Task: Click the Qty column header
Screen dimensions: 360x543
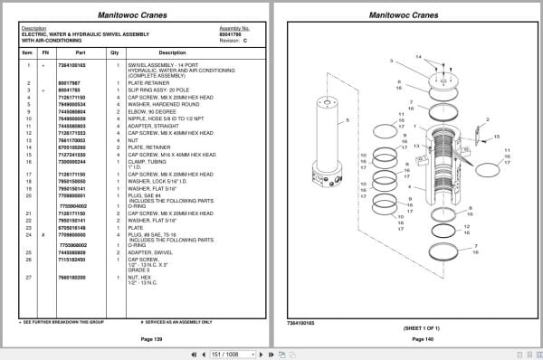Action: click(115, 52)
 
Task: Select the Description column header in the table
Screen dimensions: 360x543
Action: click(172, 52)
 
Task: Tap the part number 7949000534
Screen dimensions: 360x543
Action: click(71, 105)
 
